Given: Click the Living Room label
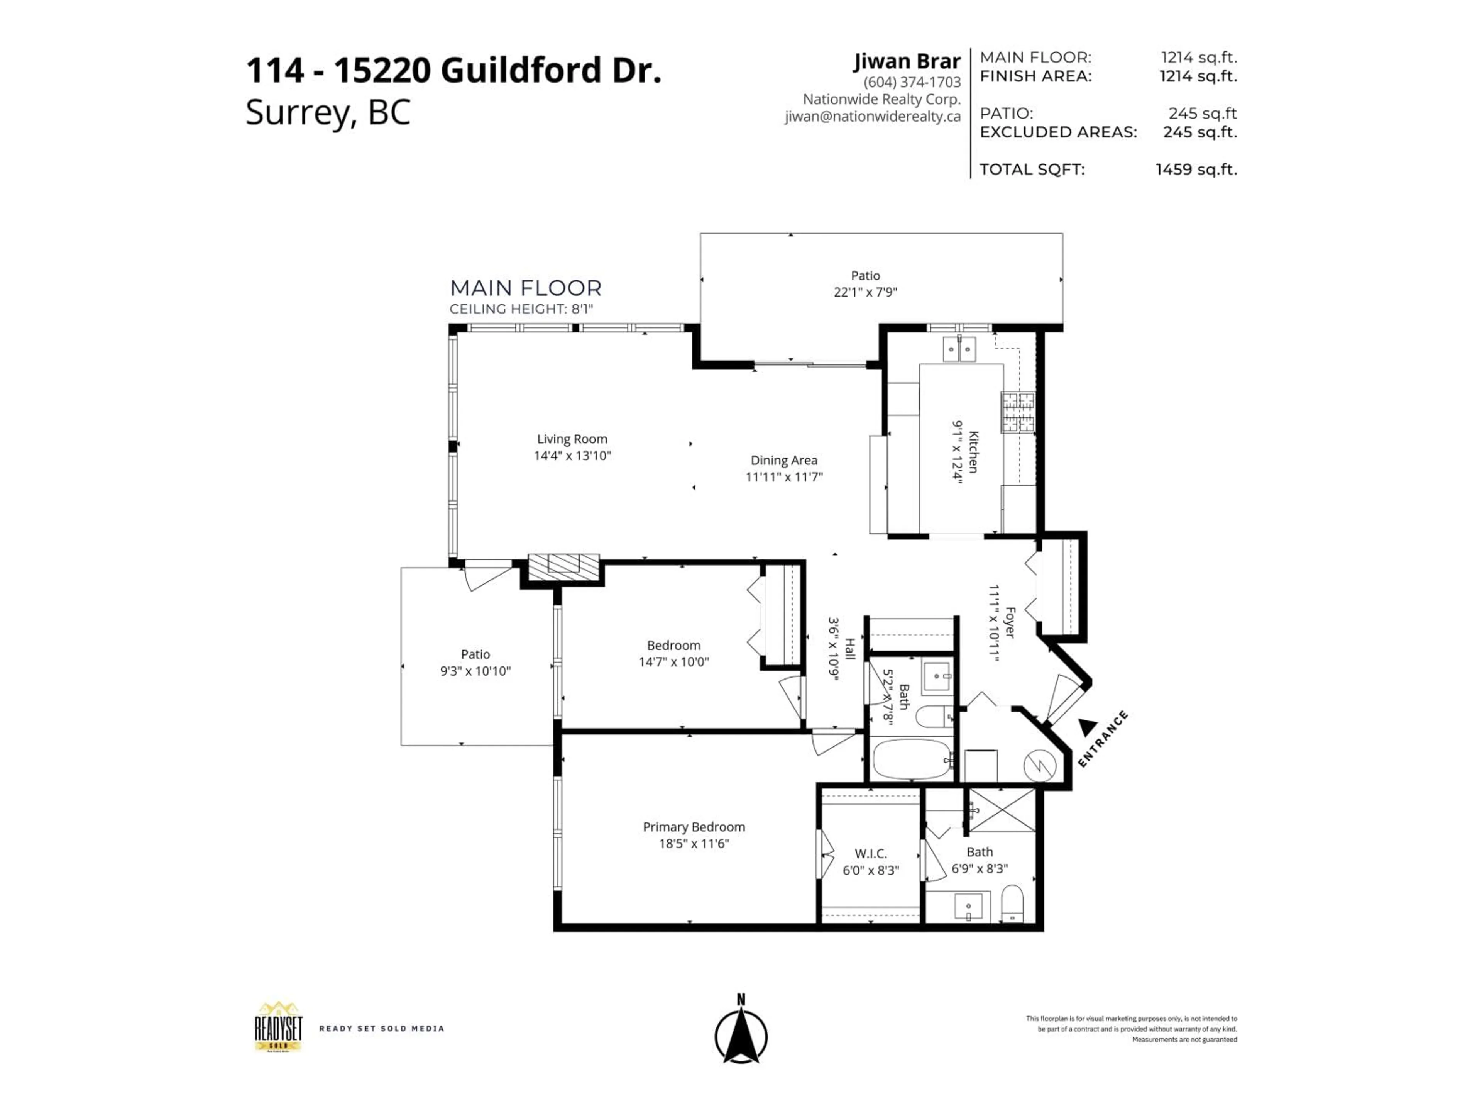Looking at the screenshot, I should [x=572, y=439].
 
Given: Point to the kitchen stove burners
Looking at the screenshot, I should [x=1018, y=412].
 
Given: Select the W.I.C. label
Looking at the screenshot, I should [x=870, y=853].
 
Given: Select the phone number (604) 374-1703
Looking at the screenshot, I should [x=912, y=82].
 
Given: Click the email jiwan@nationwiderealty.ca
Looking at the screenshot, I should [x=872, y=117].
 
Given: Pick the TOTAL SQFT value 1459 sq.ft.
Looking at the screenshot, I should [x=1196, y=170].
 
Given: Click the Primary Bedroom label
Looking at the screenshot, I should [x=694, y=827].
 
